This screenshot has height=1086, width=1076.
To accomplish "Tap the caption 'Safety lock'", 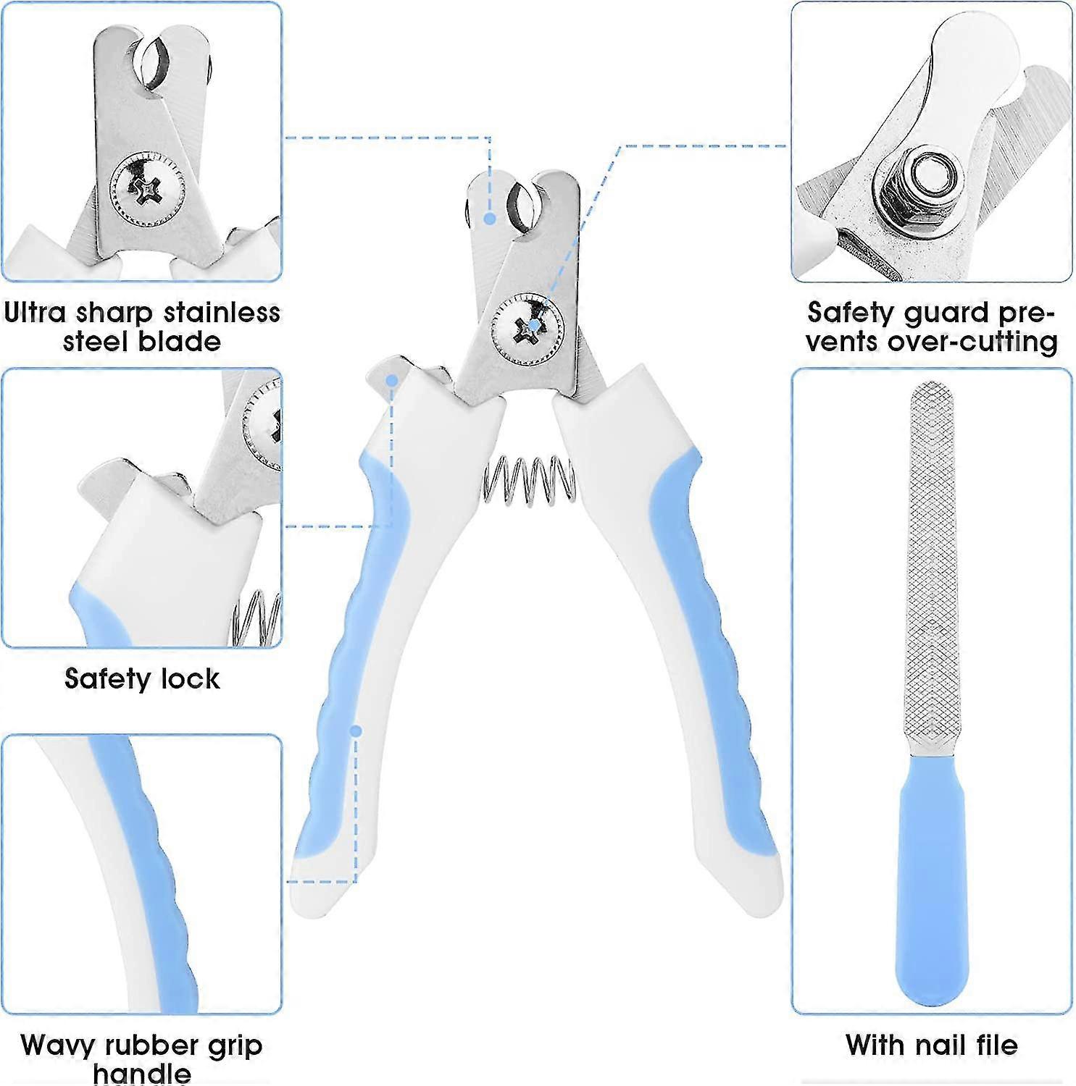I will [142, 679].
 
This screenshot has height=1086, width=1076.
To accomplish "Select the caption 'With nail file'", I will [931, 1045].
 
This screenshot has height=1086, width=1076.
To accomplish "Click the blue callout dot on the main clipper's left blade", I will [490, 218].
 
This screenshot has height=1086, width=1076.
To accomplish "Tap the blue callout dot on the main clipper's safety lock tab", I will [392, 380].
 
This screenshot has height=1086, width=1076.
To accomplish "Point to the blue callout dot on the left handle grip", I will [356, 731].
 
